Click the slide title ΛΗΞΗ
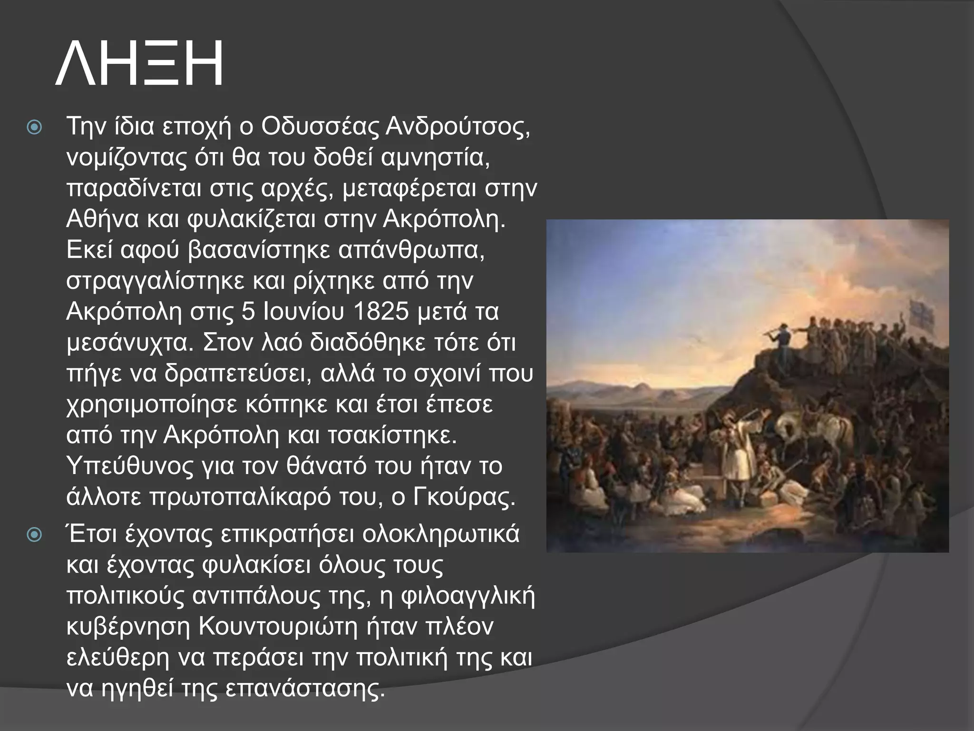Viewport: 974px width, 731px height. [139, 63]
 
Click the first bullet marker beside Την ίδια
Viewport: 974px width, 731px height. [35, 128]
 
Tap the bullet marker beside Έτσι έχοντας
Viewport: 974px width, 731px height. [35, 535]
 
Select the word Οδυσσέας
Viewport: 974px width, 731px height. [320, 127]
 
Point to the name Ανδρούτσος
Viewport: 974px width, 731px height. [457, 127]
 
